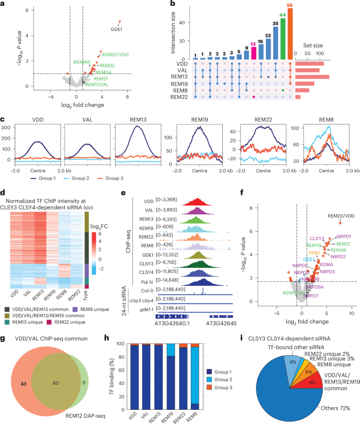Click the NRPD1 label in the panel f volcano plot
tap(343, 236)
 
